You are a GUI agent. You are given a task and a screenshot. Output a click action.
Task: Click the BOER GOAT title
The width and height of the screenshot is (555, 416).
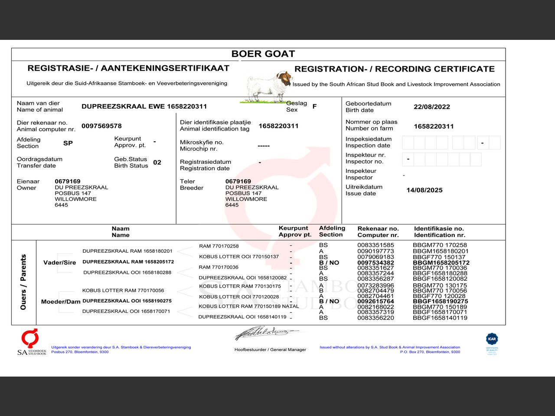pos(263,54)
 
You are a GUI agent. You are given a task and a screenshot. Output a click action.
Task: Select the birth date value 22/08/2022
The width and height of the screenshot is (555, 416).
pos(431,107)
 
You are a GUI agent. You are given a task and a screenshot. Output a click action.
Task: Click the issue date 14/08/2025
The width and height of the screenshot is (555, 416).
pos(424,190)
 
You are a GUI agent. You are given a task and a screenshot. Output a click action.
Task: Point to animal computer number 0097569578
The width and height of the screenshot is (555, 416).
pos(101,126)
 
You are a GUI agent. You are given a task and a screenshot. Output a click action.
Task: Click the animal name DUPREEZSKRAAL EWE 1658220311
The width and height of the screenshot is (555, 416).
pos(144,106)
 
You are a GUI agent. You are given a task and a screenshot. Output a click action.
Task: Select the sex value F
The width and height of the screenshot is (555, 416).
pos(314,106)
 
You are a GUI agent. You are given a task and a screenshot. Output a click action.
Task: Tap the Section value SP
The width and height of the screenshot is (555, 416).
pos(68,143)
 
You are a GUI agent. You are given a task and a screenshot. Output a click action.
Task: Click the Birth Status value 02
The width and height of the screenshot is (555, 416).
pos(157,162)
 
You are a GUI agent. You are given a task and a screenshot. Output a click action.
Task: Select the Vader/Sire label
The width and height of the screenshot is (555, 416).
pos(59,263)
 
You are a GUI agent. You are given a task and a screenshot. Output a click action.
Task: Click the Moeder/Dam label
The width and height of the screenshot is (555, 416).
pos(61,302)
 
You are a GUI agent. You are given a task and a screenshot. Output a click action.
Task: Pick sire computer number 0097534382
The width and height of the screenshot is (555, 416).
pos(375,263)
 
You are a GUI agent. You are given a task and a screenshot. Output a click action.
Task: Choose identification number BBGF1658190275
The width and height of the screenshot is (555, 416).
pos(440,301)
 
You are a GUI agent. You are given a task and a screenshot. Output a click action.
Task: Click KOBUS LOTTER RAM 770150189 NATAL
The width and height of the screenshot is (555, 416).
pos(248,306)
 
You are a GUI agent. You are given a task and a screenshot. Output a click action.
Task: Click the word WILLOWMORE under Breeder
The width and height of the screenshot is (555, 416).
pos(246,199)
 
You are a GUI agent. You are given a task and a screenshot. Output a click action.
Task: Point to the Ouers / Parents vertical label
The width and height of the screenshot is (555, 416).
pos(23,282)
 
